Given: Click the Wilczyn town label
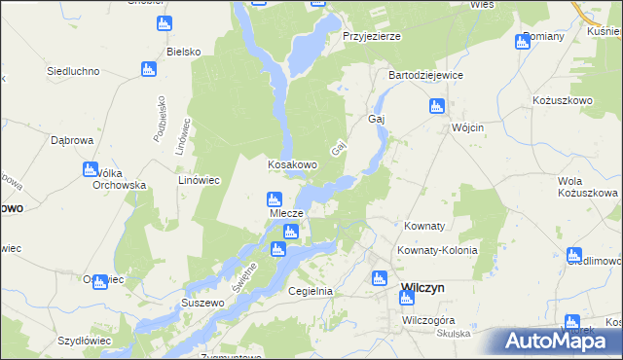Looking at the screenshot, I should (423, 289).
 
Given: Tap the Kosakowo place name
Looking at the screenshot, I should (292, 164).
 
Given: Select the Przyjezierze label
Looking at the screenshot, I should (372, 36).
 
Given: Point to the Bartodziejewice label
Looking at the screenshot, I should (425, 75).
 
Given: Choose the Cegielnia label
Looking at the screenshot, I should (311, 291).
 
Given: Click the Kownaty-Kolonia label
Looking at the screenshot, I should (437, 250).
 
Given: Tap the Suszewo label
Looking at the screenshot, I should (203, 303).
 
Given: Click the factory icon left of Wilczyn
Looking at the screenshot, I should (380, 279).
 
